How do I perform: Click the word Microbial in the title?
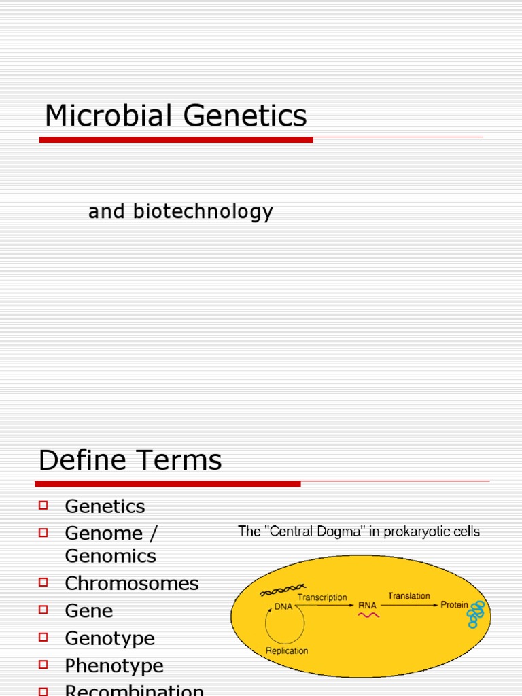pos(103,116)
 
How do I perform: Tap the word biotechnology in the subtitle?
pos(203,212)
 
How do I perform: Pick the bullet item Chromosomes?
pos(131,583)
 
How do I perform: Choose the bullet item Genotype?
pos(109,638)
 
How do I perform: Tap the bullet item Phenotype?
pos(114,665)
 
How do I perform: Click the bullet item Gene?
pos(88,610)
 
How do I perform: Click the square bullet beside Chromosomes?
pos(44,582)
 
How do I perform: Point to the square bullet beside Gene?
pos(44,610)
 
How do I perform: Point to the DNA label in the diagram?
pos(283,607)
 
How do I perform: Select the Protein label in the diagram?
pos(454,604)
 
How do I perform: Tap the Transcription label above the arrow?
pos(322,598)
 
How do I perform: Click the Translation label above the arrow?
pos(408,596)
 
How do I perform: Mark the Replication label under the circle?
pos(286,650)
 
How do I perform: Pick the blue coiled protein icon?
pos(476,613)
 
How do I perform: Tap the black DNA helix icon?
pos(283,590)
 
